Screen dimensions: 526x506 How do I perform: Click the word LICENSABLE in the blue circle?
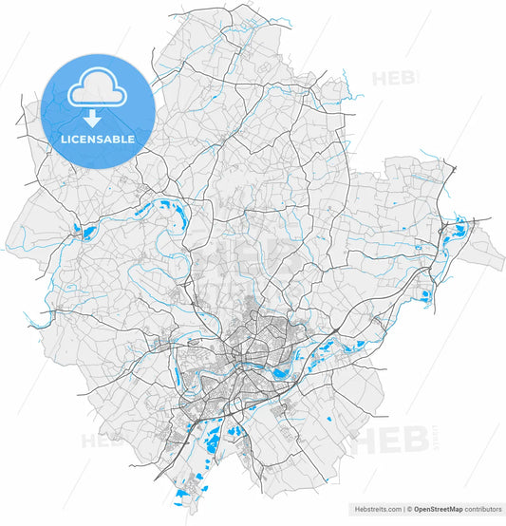(98, 139)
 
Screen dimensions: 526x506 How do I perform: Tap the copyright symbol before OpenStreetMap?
(408, 509)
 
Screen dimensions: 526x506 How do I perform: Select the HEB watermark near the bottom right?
(384, 441)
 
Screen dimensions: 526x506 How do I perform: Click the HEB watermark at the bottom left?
(101, 440)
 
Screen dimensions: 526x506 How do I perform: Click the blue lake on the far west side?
(84, 232)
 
